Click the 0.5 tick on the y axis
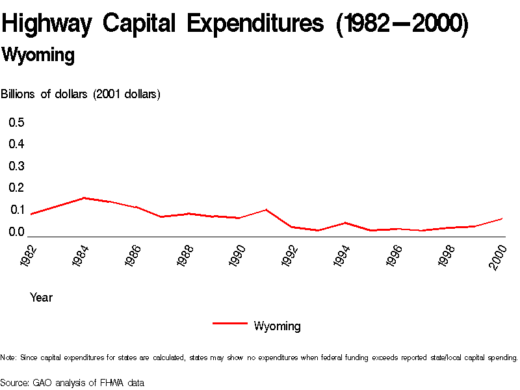16,122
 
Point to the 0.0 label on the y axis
16,231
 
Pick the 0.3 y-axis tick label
16,166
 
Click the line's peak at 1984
84,198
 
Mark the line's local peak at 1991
266,209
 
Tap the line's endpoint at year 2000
502,218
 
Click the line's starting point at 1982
31,214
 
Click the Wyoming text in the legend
277,326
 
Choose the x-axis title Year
41,298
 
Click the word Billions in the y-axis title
19,94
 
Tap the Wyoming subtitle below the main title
38,55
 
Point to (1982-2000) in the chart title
401,25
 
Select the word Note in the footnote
8,357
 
